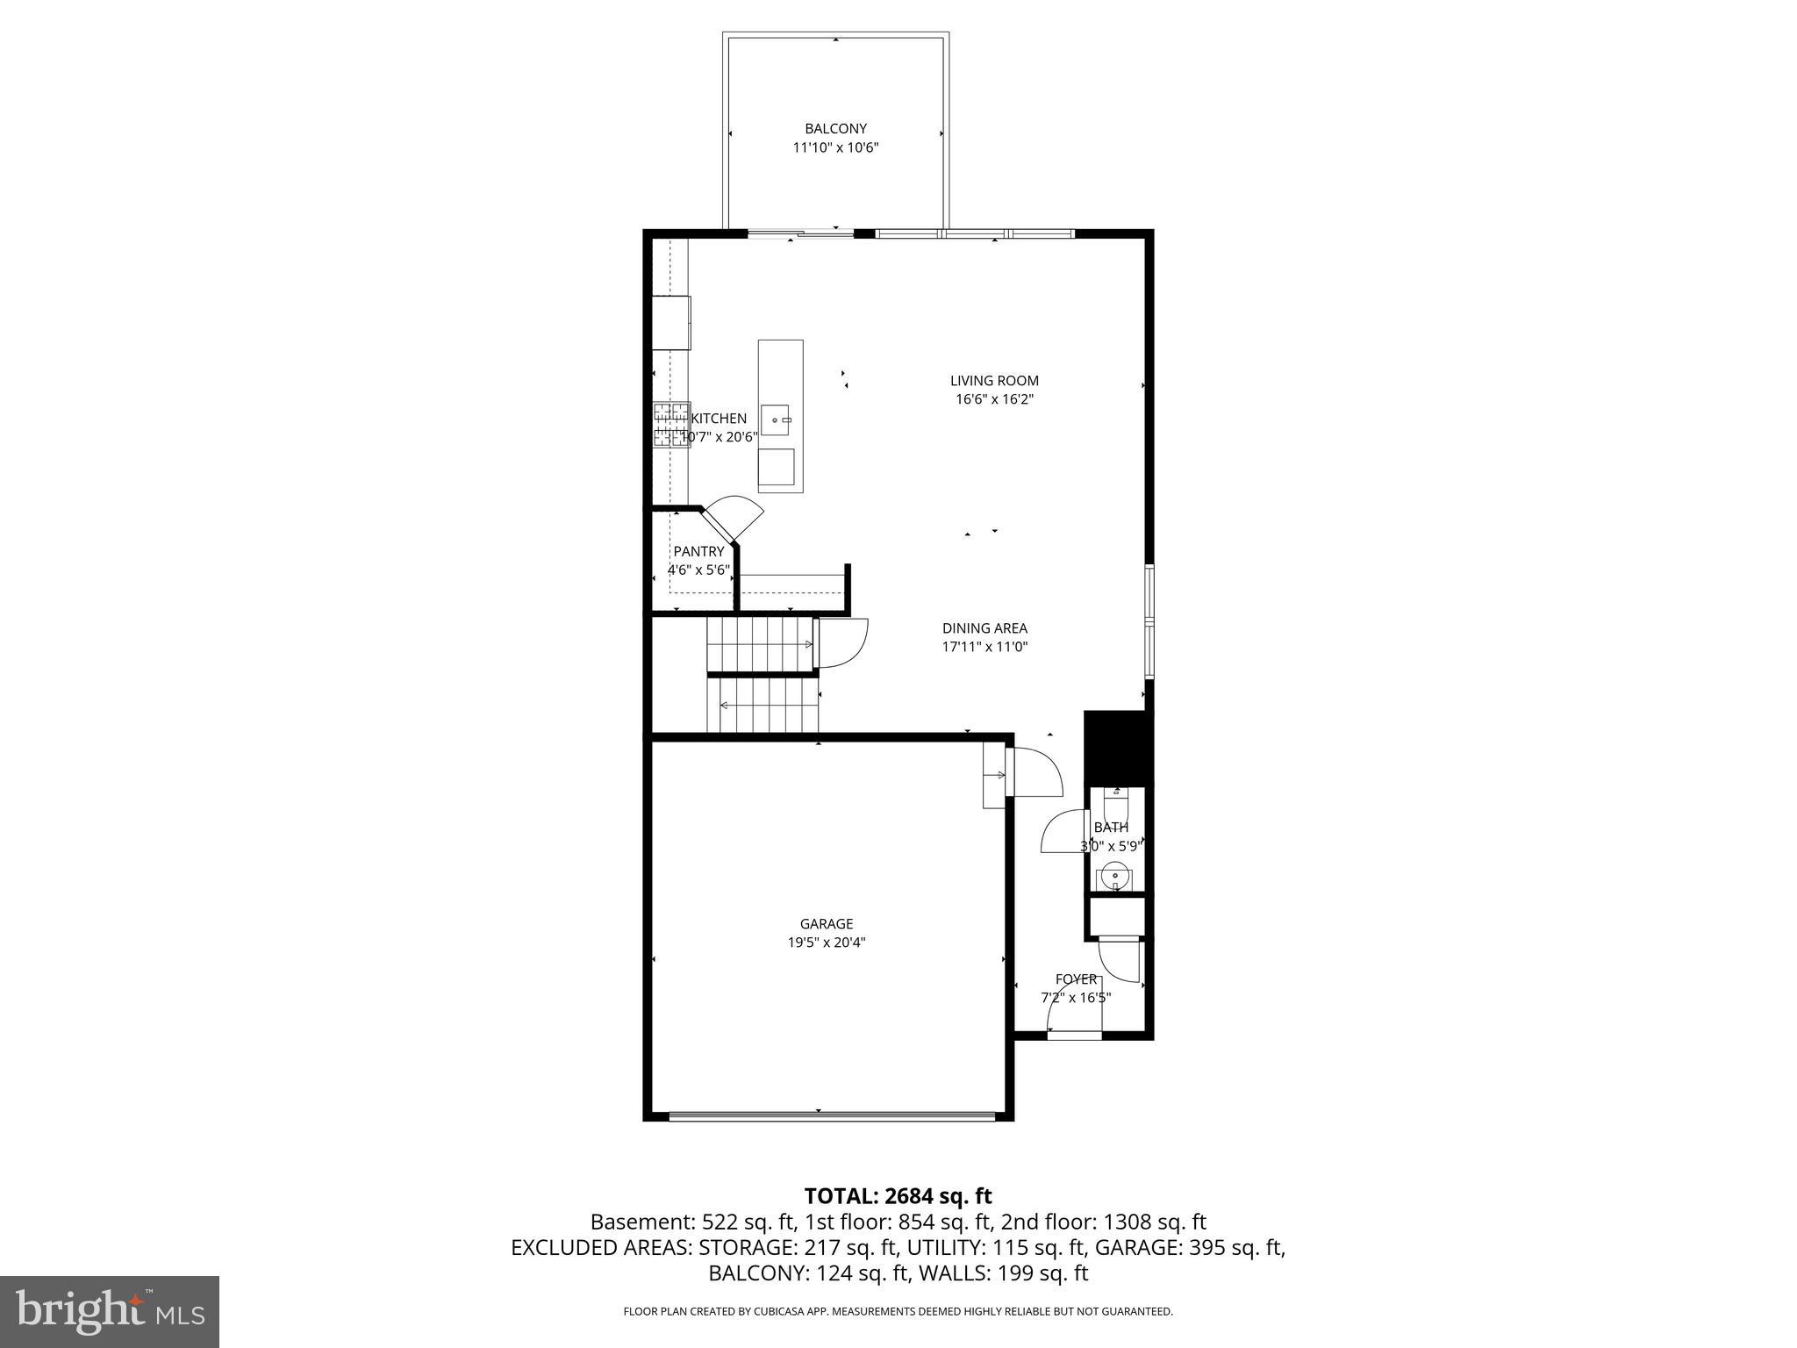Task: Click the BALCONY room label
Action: coord(835,129)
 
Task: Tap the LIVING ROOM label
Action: coord(994,381)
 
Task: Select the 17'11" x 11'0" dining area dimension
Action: coord(984,647)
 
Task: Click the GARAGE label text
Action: coord(826,924)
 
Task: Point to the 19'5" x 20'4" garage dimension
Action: coord(826,943)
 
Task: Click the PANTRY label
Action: coord(698,552)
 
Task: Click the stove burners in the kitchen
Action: coord(671,425)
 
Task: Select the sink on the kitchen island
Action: coord(777,420)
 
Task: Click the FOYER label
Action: coord(1076,979)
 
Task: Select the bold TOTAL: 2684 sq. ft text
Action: coord(898,1196)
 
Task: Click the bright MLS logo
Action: coord(110,1311)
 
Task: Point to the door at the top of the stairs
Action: coord(841,643)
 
